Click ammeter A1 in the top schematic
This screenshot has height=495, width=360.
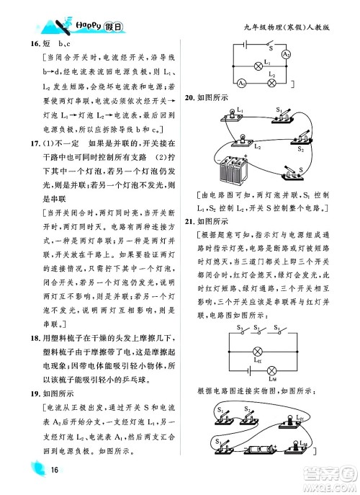click(x=240, y=84)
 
